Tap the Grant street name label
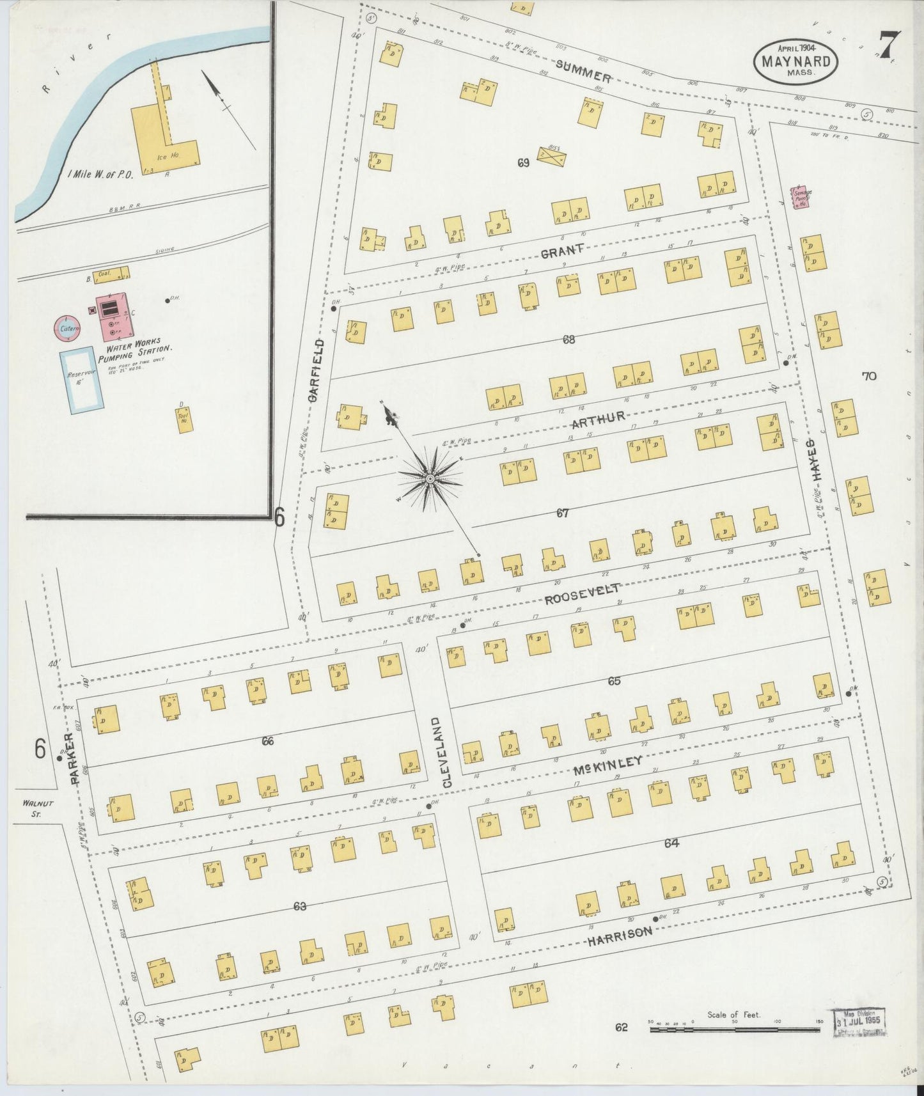(562, 251)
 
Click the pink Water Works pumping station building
(115, 315)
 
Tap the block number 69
(523, 163)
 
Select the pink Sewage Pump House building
(801, 197)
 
